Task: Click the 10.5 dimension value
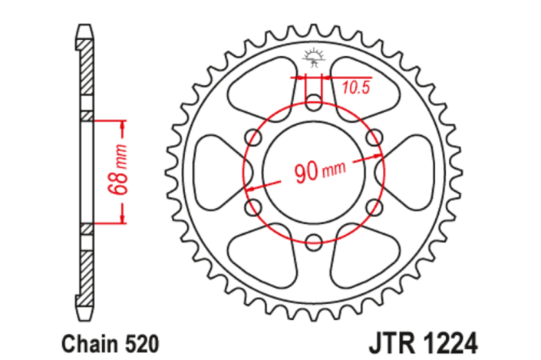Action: (x=355, y=88)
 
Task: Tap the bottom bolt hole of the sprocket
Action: (x=313, y=243)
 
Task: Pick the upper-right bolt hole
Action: (x=374, y=137)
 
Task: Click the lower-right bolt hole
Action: (x=374, y=207)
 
